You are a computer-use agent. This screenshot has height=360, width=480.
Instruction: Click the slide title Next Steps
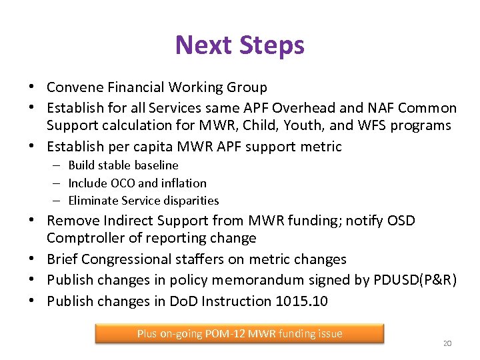(x=239, y=45)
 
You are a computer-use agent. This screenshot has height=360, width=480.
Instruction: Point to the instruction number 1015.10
(x=301, y=301)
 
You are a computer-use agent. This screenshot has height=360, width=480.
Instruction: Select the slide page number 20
(x=447, y=343)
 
